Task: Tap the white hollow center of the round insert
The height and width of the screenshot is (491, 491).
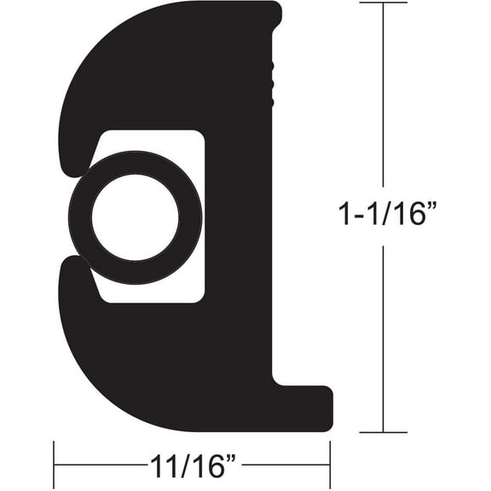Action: tap(134, 217)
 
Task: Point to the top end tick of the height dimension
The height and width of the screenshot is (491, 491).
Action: tap(384, 3)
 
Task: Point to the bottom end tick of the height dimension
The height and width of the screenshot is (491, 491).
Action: tap(384, 432)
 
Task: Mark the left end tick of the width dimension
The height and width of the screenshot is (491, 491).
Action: tap(55, 465)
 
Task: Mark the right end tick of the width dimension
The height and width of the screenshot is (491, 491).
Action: tap(330, 465)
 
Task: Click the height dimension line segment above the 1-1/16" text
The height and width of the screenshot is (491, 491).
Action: tap(384, 102)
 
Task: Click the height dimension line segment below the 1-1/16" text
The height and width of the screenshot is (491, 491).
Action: tap(384, 341)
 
